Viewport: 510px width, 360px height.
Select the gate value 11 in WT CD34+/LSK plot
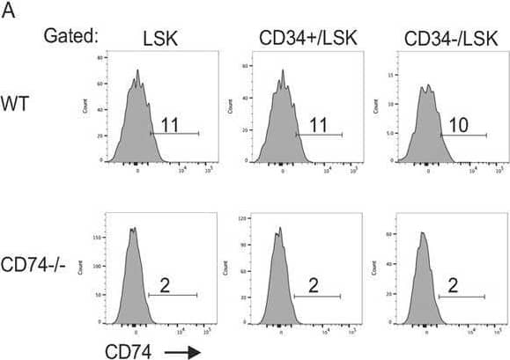[x=317, y=127]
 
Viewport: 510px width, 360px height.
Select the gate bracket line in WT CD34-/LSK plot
[x=463, y=136]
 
